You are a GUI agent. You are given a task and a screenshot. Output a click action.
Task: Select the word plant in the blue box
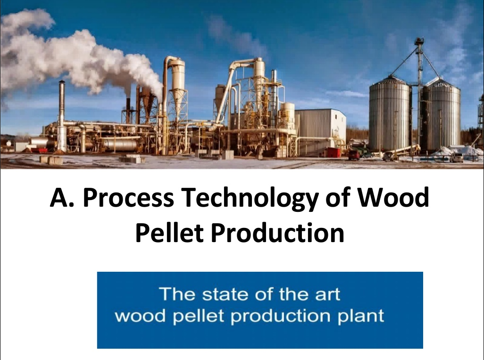point(362,316)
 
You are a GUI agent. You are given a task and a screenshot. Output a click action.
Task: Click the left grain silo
point(389,116)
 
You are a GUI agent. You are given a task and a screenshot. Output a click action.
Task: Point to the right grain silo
point(442,116)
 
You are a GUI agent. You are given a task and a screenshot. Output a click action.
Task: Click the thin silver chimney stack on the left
point(62,116)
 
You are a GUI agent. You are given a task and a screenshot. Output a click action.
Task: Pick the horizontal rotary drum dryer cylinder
point(120,143)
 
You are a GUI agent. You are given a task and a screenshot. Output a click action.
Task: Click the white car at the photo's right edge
point(456,158)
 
